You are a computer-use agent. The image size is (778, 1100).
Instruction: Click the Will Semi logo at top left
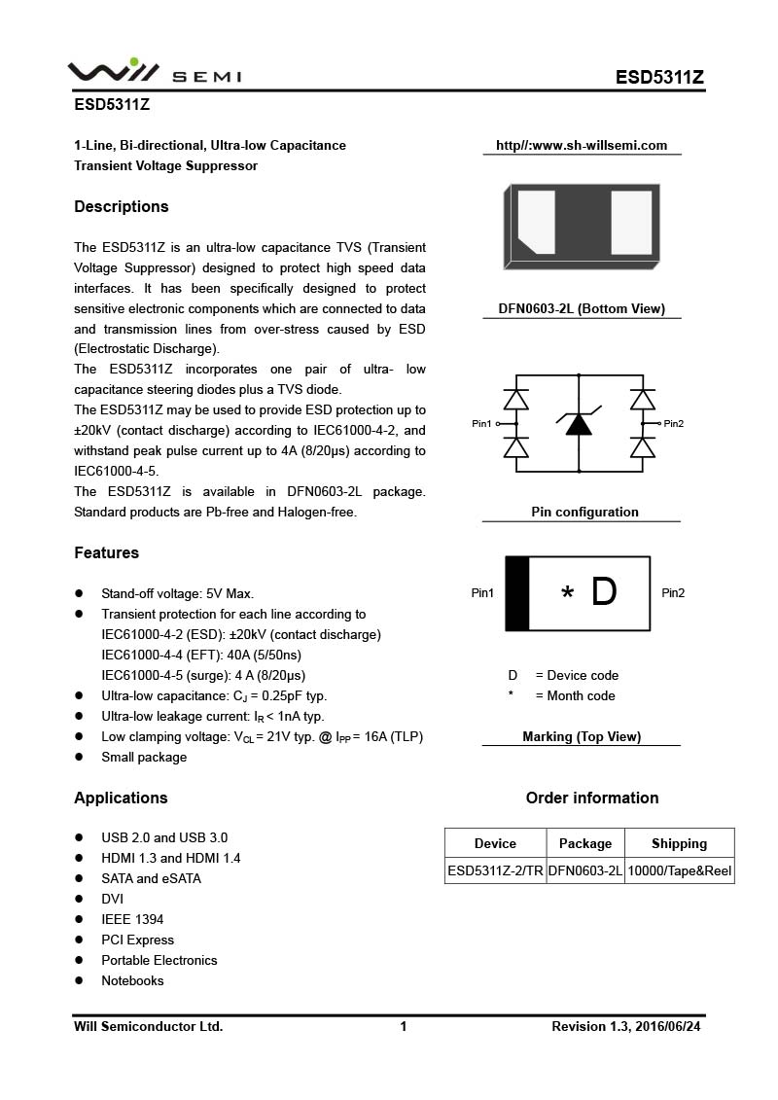pos(154,71)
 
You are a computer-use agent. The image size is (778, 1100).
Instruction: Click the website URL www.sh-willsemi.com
pos(582,146)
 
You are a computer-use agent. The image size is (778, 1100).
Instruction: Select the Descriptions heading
pos(122,206)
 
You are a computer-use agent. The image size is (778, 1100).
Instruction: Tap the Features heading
pos(107,552)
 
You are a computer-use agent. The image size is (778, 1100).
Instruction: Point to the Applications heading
pos(121,798)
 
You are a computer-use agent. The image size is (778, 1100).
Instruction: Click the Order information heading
pos(592,798)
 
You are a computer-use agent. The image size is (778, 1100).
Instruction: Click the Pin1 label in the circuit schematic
pos(482,424)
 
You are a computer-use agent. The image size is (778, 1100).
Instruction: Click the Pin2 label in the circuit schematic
pos(674,424)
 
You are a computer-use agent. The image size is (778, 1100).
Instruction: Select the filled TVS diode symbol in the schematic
pos(579,423)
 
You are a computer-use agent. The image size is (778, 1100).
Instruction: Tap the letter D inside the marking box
pos(604,592)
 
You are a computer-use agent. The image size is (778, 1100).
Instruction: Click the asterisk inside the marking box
pos(567,594)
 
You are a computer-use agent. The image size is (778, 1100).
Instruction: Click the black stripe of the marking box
pos(517,593)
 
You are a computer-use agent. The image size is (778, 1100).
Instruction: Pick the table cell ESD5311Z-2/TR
pos(495,870)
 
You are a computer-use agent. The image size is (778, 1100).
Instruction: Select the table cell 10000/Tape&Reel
pos(679,870)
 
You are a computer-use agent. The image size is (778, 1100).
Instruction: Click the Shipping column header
pos(679,843)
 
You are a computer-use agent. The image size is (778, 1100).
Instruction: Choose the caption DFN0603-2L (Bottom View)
pos(582,309)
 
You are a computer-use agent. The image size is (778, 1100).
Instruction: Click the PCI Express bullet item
pos(137,940)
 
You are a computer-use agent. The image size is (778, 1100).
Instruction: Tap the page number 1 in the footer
pos(403,1026)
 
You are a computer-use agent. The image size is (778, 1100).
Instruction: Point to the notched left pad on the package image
pos(536,223)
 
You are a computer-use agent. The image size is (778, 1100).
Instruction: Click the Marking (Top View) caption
pos(582,736)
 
